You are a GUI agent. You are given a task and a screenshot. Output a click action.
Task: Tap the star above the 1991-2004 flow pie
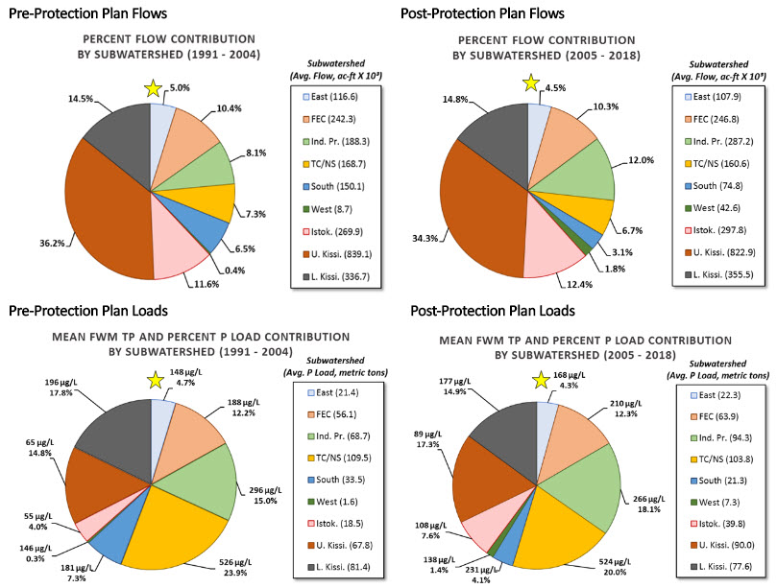click(x=151, y=89)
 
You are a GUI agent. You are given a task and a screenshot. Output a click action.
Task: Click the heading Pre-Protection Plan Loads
click(x=85, y=312)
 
